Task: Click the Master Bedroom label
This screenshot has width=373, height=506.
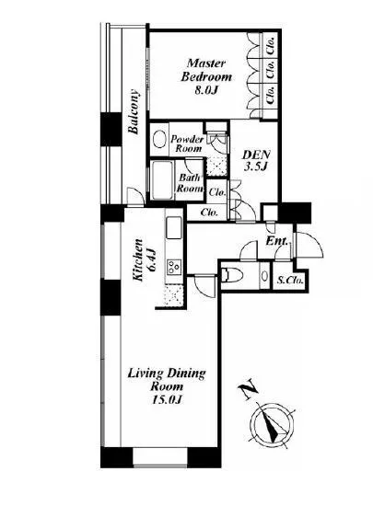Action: (206, 70)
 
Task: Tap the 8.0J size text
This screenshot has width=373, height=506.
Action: (204, 90)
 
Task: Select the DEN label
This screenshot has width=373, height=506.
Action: (256, 155)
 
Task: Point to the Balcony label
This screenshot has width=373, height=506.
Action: (134, 111)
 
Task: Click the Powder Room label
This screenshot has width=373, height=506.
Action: (187, 144)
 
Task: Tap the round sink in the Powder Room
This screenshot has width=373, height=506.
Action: (159, 140)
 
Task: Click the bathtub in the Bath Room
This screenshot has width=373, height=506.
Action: (162, 180)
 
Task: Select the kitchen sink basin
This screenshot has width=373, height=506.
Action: (174, 227)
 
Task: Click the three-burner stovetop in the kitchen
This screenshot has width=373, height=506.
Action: (174, 267)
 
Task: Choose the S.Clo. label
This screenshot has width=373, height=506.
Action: (290, 280)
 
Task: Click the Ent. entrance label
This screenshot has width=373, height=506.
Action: (277, 241)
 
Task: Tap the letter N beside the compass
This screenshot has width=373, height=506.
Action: (248, 391)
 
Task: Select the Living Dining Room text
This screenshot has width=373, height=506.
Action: (167, 380)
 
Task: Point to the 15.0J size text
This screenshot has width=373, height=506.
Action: (167, 400)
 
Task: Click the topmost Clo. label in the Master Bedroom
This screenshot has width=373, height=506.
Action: (271, 46)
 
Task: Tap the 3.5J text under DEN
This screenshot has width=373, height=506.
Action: (256, 167)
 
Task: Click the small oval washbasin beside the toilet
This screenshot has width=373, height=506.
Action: (264, 276)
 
